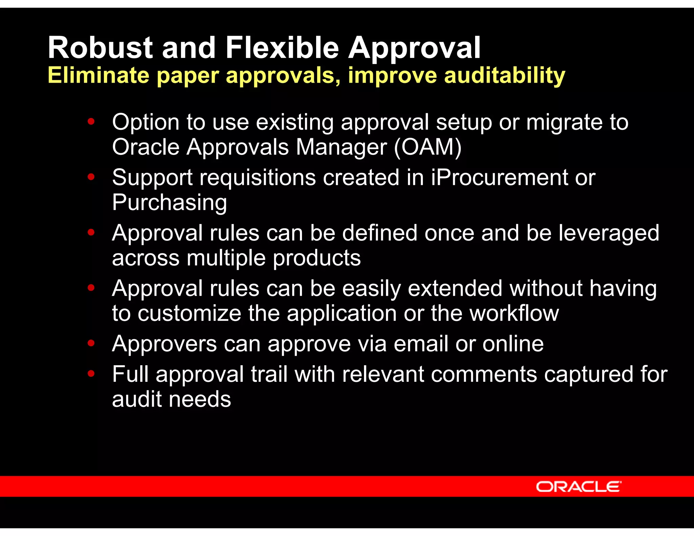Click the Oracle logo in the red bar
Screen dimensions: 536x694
tap(578, 487)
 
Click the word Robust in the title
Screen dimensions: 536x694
tap(100, 48)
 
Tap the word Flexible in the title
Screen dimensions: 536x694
tap(282, 48)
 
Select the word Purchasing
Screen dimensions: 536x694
tap(169, 203)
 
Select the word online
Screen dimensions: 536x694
tap(513, 344)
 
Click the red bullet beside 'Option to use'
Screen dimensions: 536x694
tap(91, 121)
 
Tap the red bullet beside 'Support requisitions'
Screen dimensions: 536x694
tap(91, 177)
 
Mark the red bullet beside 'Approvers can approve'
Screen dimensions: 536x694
tap(91, 343)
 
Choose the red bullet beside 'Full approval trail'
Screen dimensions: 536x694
tap(91, 373)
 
